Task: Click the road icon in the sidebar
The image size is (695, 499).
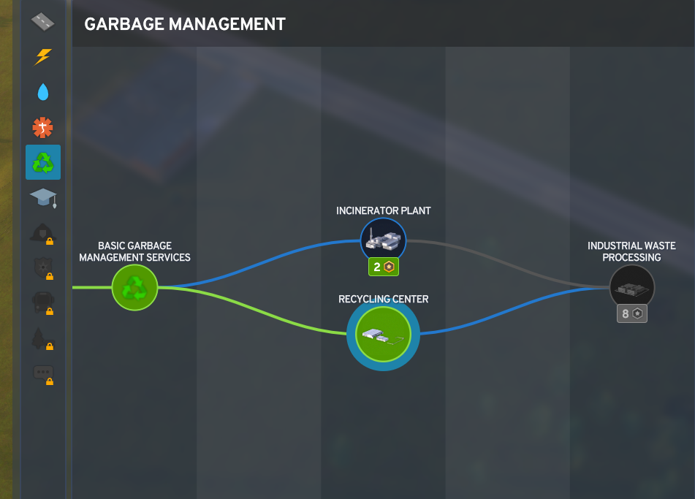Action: coord(43,22)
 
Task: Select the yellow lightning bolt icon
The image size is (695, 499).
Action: coord(43,56)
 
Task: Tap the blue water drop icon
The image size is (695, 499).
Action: coord(43,91)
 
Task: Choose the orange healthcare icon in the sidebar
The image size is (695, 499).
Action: coord(43,127)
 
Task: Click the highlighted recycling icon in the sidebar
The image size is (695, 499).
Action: coord(43,162)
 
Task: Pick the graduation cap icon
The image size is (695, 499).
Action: coord(43,197)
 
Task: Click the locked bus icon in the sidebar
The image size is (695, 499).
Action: coord(42,302)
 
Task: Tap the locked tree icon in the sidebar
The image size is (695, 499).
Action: coord(42,338)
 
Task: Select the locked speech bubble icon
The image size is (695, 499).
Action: coord(42,373)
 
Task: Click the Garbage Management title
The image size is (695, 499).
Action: coord(185,24)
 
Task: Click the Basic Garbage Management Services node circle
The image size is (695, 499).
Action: coord(135,287)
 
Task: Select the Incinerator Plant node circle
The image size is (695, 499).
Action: coord(383,240)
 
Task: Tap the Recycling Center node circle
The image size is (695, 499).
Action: coord(383,335)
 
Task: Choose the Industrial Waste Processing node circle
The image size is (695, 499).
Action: coord(632,287)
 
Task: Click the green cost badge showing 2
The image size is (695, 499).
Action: coord(383,267)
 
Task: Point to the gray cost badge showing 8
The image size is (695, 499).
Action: coord(632,314)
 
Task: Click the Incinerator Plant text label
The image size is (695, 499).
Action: coord(383,210)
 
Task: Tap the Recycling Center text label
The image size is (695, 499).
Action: coord(383,299)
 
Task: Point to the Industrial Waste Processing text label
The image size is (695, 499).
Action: coord(631,251)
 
